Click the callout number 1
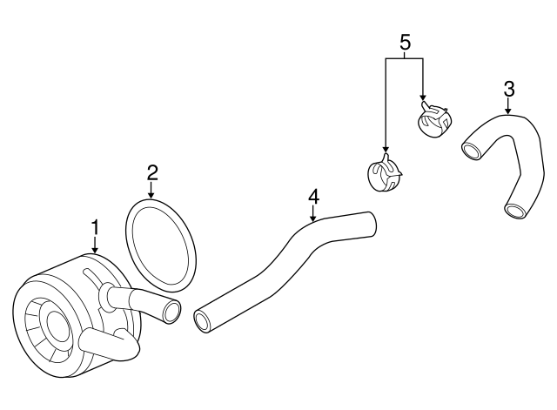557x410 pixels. pos(95,227)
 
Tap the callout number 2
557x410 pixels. pos(152,173)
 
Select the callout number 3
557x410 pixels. pos(509,89)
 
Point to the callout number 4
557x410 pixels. pos(313,197)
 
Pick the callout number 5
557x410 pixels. pos(406,43)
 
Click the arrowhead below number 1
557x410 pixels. pos(95,250)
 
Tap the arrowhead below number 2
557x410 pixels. pos(151,195)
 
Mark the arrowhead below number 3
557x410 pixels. pos(508,111)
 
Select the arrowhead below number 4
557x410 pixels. pos(313,218)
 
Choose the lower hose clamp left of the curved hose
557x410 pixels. pos(385,173)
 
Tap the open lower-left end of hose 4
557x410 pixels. pos(203,321)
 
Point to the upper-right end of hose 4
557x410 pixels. pos(371,223)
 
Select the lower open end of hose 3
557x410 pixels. pos(515,211)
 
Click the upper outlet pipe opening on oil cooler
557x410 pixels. pos(172,311)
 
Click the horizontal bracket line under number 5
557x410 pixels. pos(404,58)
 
